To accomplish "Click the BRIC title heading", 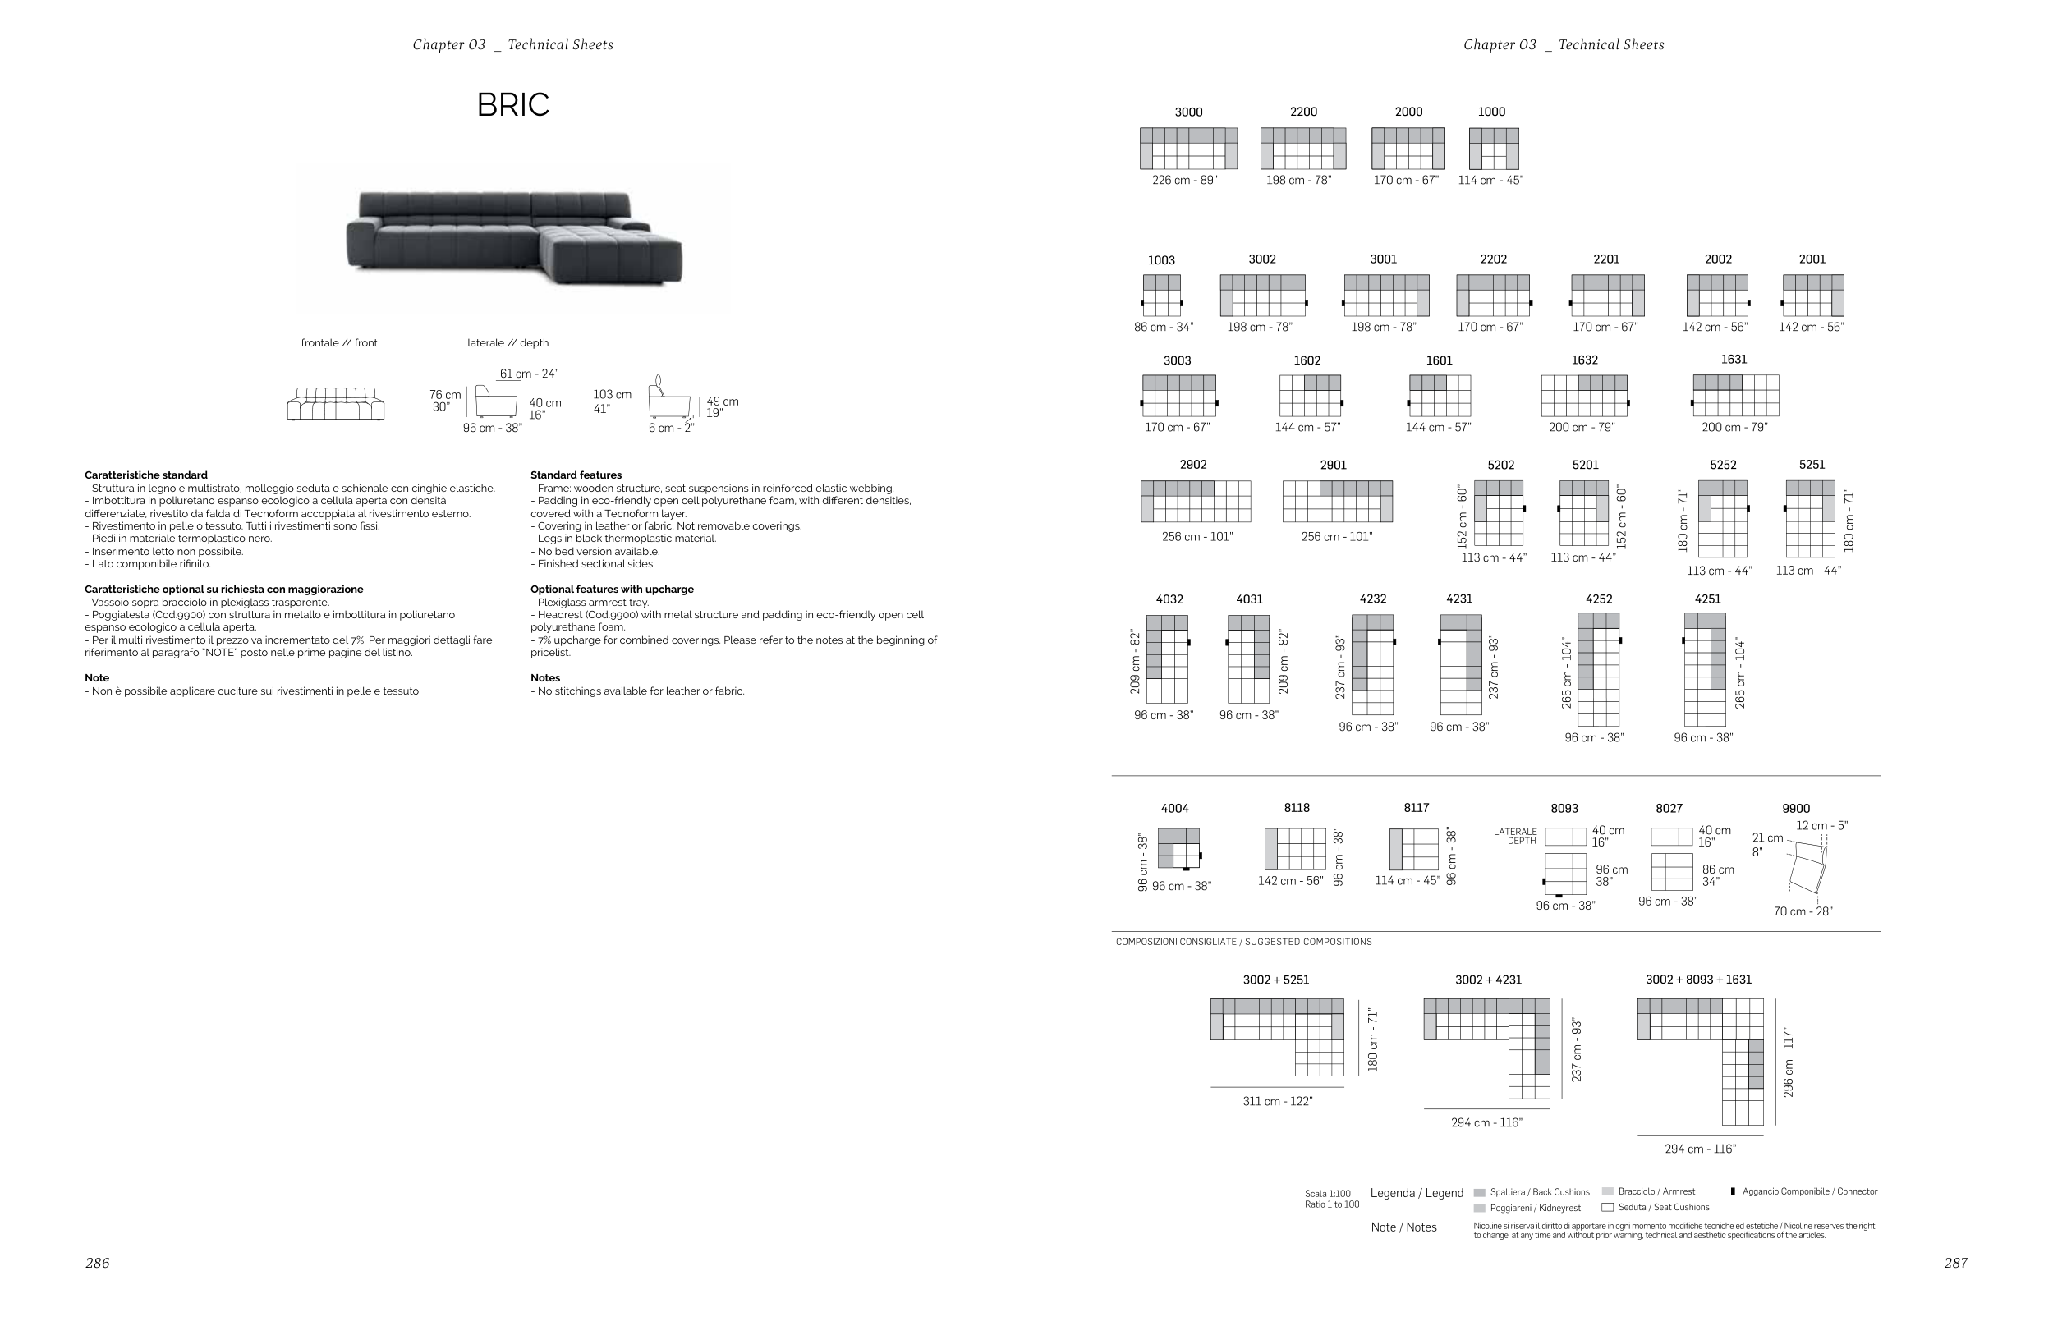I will [x=512, y=104].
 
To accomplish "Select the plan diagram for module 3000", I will [x=1187, y=148].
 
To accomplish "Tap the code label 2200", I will [x=1303, y=112].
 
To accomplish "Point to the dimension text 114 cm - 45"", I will [x=1490, y=180].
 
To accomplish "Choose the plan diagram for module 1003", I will [x=1162, y=296].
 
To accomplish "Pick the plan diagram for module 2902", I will [x=1196, y=501].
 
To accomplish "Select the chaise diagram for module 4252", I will [x=1597, y=669].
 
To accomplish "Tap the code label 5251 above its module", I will [x=1811, y=465].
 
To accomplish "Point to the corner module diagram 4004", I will [x=1178, y=848].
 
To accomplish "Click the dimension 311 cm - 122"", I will [x=1277, y=1101].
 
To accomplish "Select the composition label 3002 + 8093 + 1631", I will [x=1697, y=980].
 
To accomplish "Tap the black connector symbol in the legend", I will [x=1732, y=1191].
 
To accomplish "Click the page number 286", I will [x=97, y=1263].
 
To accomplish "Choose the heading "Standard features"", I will [x=576, y=475].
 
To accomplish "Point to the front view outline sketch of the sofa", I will [x=335, y=404].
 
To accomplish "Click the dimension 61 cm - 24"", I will [x=529, y=374].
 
